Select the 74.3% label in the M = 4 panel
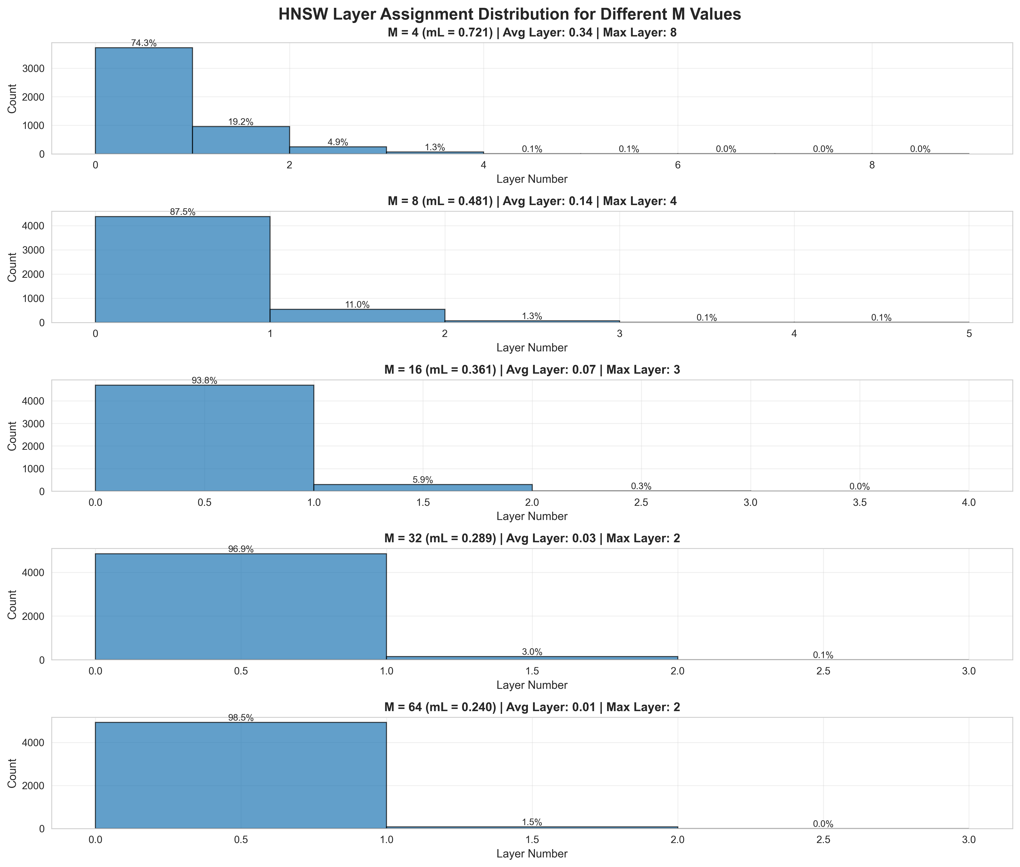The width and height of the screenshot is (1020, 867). [144, 43]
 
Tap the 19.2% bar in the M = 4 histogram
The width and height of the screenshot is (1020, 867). [241, 140]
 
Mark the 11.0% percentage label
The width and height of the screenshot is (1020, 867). [357, 305]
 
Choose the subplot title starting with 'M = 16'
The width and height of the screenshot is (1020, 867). [532, 370]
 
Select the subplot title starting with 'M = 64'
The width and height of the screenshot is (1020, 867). [532, 707]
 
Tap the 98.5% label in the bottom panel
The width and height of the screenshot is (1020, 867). [241, 717]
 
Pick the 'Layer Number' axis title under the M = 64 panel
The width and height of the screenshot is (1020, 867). [532, 854]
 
